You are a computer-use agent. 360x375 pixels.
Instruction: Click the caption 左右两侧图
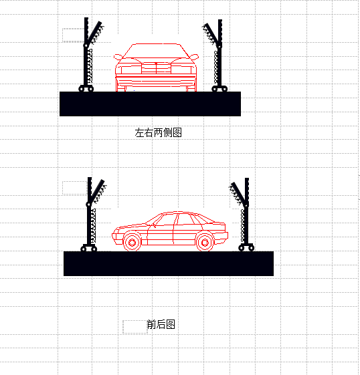(158, 132)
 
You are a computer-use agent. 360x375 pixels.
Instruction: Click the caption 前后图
(161, 324)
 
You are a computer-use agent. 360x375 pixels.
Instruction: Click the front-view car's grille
(156, 68)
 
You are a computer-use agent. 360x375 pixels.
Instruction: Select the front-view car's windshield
(156, 51)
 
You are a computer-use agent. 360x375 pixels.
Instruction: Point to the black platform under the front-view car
(150, 104)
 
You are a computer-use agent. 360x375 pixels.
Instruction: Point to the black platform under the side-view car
(169, 263)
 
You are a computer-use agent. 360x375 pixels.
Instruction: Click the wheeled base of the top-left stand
(86, 88)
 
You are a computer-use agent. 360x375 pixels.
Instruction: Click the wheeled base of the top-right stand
(219, 88)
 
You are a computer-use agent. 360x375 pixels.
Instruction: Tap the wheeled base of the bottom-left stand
(89, 248)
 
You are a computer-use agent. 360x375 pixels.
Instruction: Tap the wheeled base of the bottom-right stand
(246, 247)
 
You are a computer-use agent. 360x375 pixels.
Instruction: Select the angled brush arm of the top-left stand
(95, 33)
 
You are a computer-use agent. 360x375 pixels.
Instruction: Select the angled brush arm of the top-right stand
(211, 34)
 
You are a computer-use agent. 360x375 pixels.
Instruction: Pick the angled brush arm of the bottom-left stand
(98, 192)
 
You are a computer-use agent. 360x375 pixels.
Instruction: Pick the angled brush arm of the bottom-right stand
(238, 194)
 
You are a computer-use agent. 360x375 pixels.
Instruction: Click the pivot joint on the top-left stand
(86, 45)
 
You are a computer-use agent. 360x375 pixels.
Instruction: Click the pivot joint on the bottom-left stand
(88, 205)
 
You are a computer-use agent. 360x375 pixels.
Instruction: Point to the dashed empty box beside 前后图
(134, 327)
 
